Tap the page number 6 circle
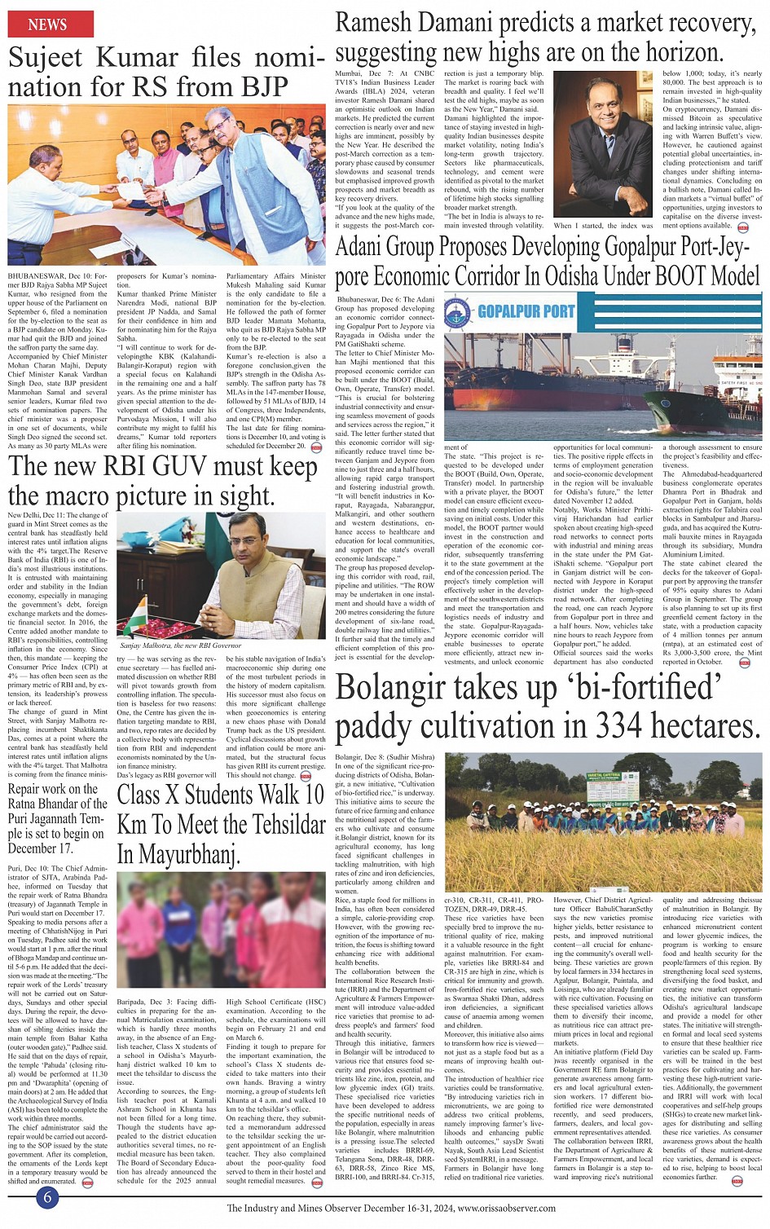[47, 1197]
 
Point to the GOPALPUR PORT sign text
[526, 311]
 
